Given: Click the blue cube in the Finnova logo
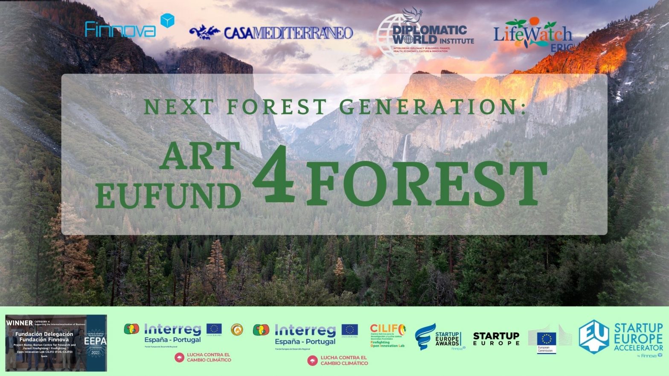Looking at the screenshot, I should (x=167, y=21).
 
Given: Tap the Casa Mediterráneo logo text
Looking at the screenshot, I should (x=288, y=33).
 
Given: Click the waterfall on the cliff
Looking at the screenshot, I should (x=404, y=147).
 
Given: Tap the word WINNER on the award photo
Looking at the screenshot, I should (x=19, y=323).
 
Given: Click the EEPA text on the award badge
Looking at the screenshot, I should (x=96, y=341).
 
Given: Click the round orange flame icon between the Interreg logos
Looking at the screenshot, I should (x=236, y=329).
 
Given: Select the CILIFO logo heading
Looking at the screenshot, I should (x=387, y=329).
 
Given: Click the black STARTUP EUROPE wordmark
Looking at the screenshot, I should (x=496, y=338).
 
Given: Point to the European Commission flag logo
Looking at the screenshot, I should (x=546, y=340).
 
